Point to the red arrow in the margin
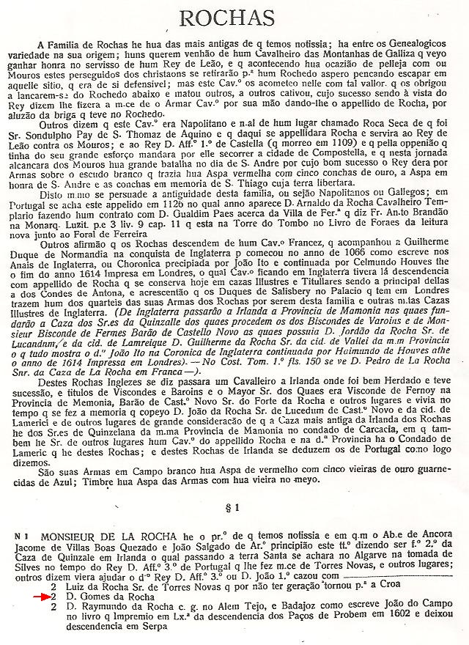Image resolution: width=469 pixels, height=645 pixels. click(32, 597)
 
